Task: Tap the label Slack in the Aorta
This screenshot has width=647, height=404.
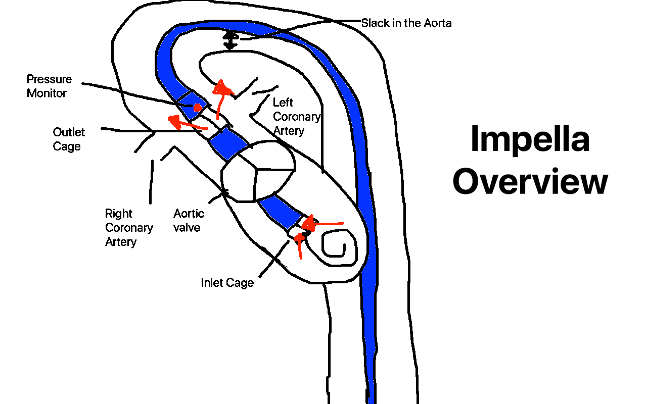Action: [x=406, y=23]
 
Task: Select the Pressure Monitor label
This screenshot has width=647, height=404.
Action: [x=49, y=86]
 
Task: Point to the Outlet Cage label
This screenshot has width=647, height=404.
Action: [x=69, y=139]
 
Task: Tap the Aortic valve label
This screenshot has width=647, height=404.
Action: [x=189, y=220]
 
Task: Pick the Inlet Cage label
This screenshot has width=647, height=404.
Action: [x=227, y=283]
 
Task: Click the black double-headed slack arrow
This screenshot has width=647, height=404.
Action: [x=230, y=40]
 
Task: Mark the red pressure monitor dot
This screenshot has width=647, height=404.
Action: [x=198, y=107]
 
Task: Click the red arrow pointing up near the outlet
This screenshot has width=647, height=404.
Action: [x=221, y=96]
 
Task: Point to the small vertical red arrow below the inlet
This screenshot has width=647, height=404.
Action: [x=300, y=244]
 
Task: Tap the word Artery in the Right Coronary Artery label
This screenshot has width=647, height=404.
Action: [x=121, y=242]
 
